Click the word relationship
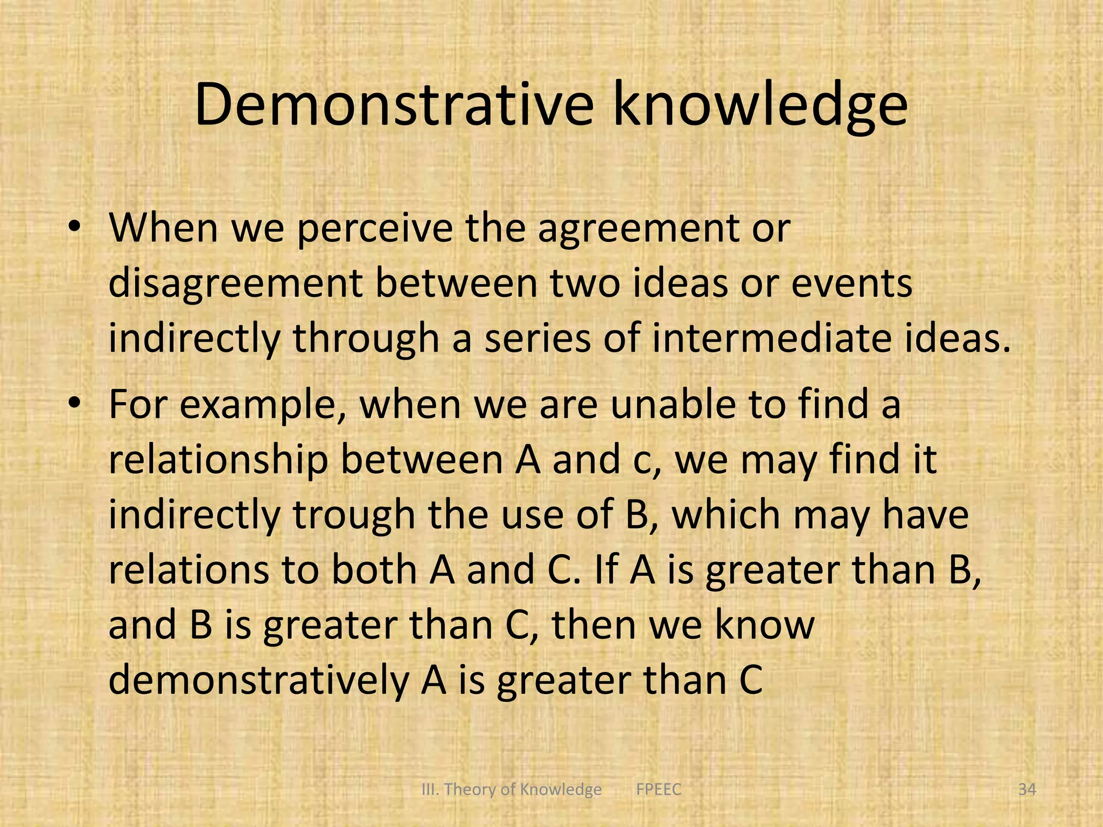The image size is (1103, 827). pos(218,461)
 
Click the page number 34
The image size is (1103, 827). pos(1027,790)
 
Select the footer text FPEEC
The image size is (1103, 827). pos(659,790)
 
